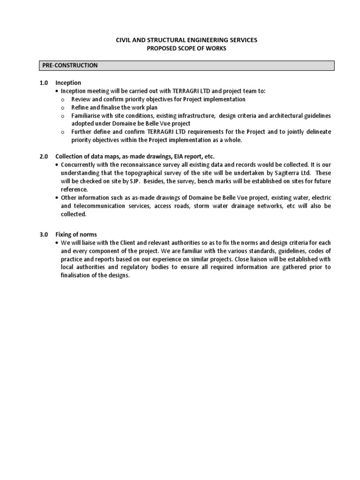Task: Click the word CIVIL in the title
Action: coord(125,41)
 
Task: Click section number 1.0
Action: coord(44,83)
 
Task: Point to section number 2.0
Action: coord(44,156)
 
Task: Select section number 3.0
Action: coord(44,234)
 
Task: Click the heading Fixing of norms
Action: coord(76,234)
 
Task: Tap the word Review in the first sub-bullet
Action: coord(81,99)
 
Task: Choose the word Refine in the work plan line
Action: coord(80,107)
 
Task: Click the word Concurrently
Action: coord(79,165)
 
